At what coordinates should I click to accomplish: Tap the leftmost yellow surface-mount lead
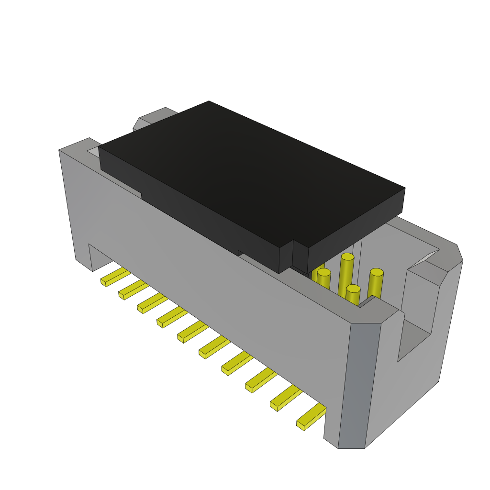114,277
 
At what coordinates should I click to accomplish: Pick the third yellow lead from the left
152,303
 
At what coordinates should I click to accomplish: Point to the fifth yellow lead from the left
192,332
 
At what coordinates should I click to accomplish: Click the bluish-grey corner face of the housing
359,383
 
